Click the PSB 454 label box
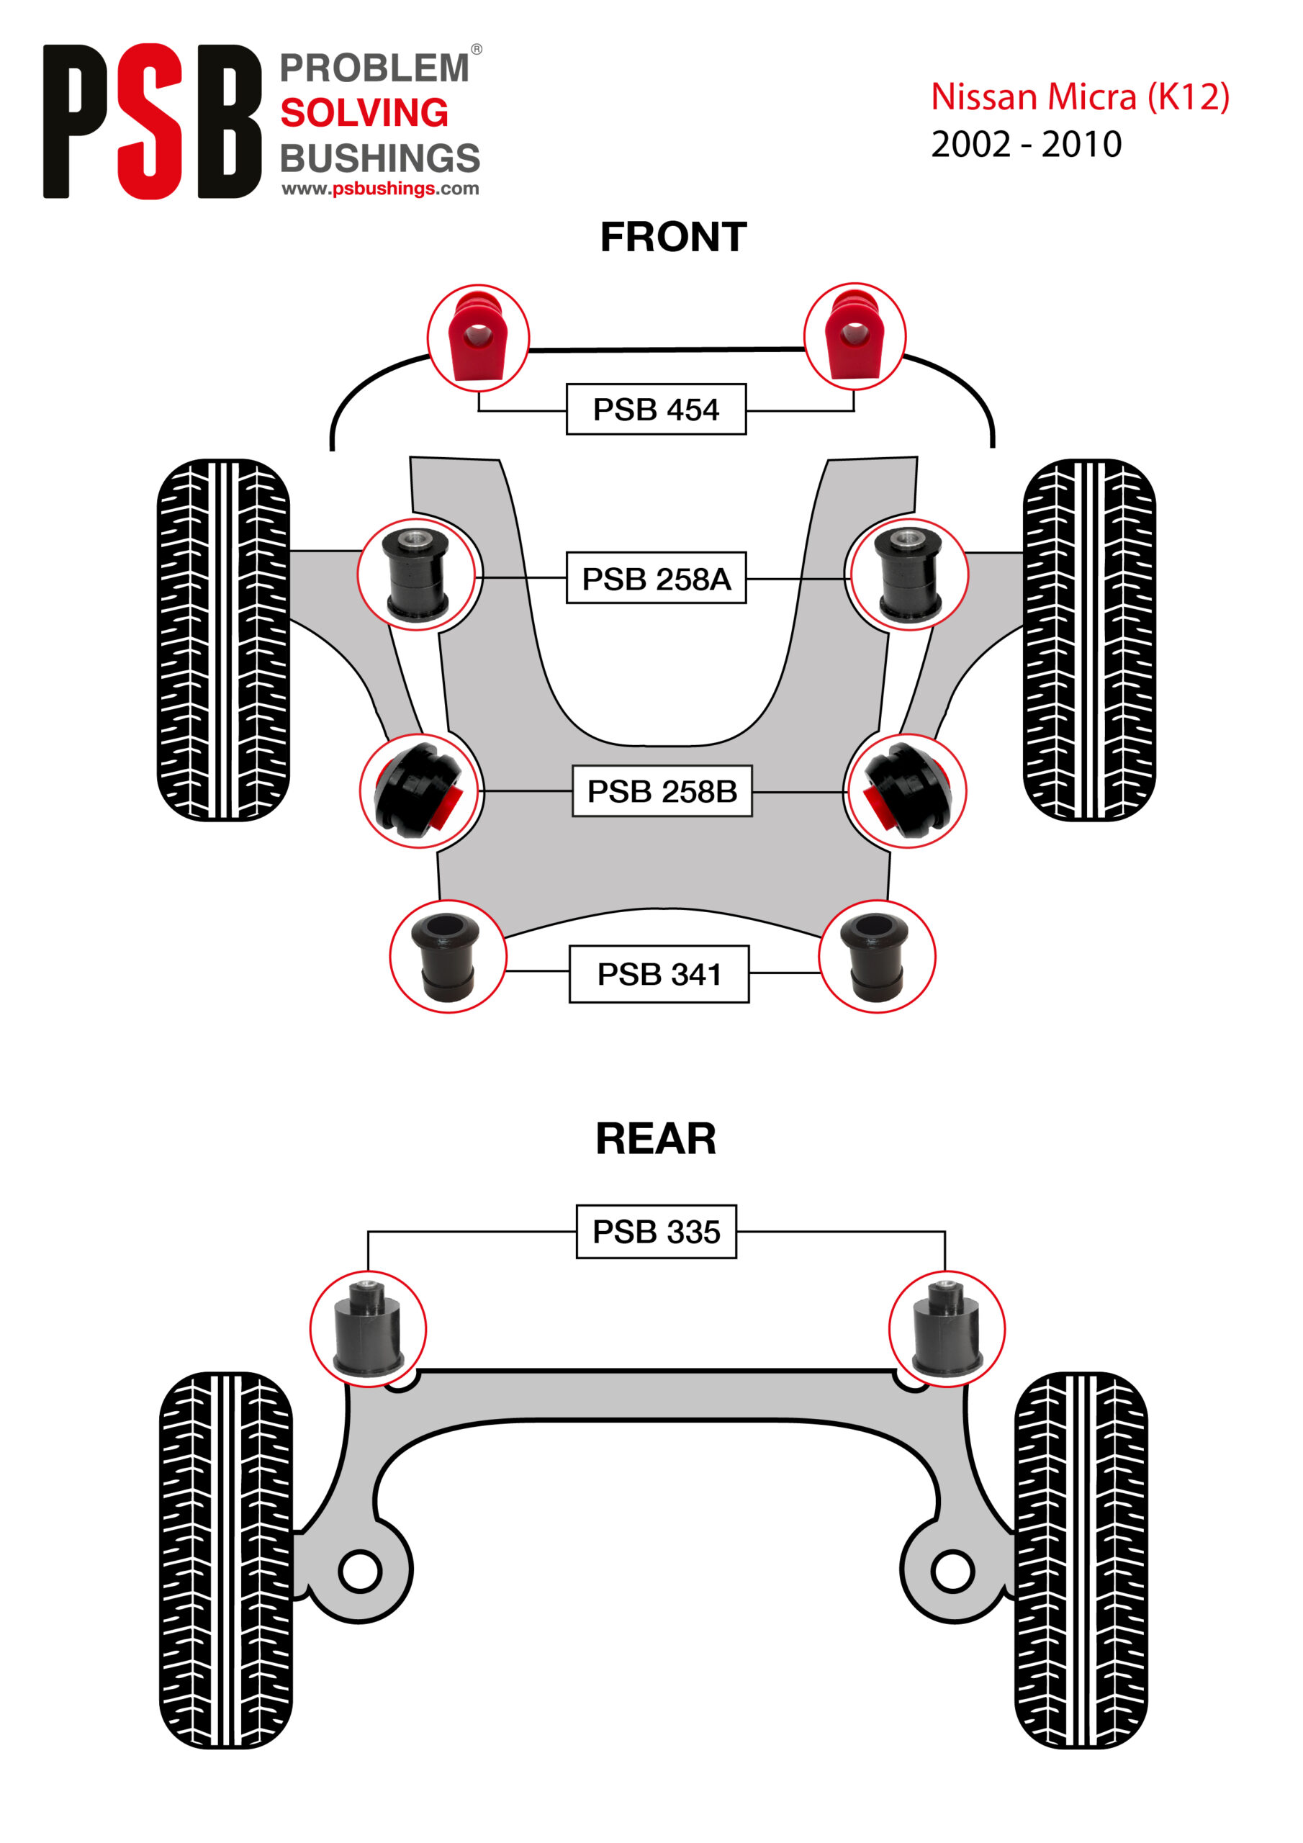(655, 410)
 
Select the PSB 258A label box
(655, 578)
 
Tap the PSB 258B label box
(662, 790)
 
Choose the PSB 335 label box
(656, 1231)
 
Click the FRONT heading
(673, 238)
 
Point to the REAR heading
(655, 1139)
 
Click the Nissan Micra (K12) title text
(1079, 97)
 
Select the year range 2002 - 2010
(1025, 145)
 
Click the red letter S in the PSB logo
(150, 120)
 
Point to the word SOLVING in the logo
(364, 112)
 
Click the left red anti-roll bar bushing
(477, 337)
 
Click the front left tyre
(223, 640)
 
